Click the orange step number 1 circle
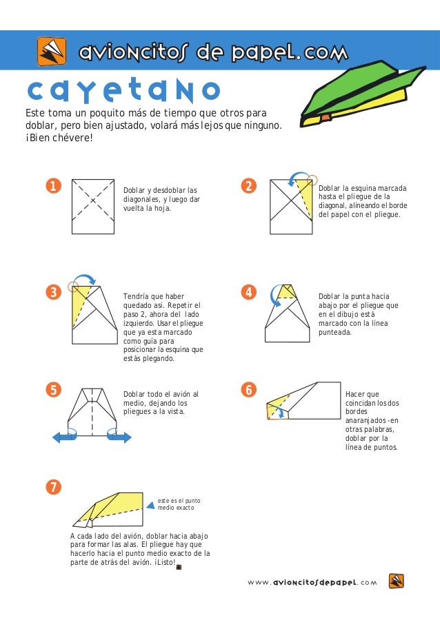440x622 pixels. tap(53, 186)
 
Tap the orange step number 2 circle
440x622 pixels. tap(248, 186)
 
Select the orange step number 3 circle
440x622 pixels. tap(53, 292)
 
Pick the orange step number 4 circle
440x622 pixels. tap(248, 292)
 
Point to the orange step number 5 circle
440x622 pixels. tap(53, 390)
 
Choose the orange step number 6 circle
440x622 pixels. tap(248, 390)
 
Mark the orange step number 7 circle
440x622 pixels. tap(53, 487)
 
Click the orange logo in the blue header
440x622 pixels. tap(52, 51)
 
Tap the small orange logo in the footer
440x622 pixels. tap(397, 581)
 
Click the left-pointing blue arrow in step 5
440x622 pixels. tap(63, 437)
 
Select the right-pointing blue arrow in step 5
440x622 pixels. tap(119, 437)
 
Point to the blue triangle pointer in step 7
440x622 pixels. tap(150, 505)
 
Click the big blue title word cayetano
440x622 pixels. tap(123, 90)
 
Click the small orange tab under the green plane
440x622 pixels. tap(326, 116)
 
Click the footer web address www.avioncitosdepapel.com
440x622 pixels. tap(312, 582)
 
